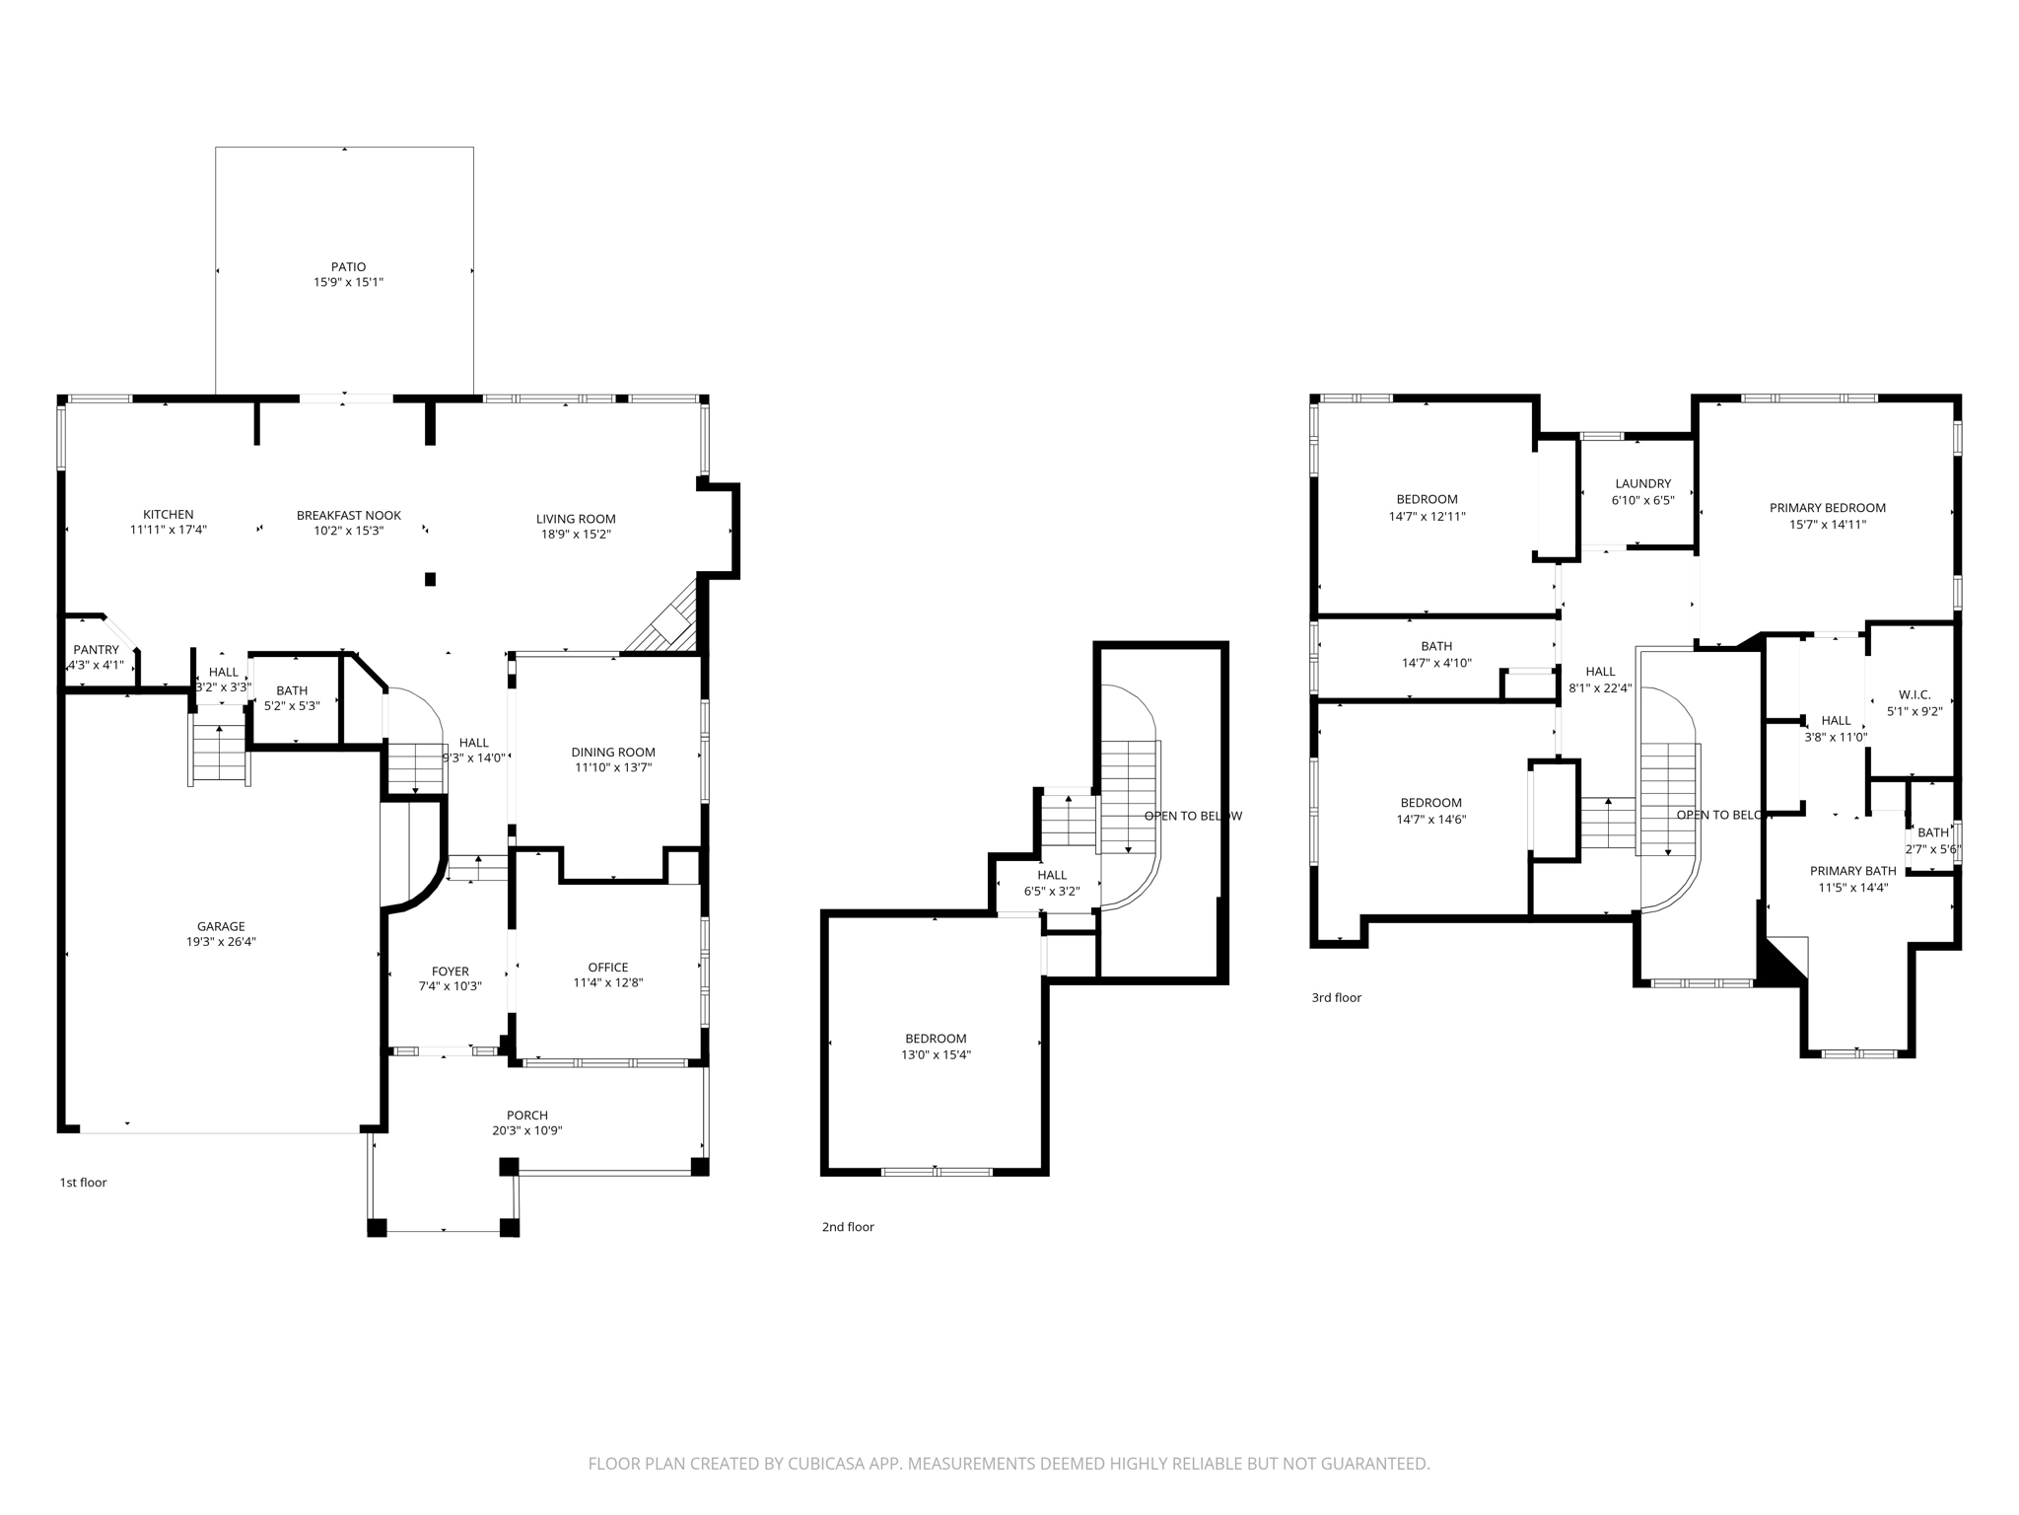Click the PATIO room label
[348, 266]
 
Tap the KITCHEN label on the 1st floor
[169, 514]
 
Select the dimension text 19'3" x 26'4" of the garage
[221, 942]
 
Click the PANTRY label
[96, 649]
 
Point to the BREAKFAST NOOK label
[348, 515]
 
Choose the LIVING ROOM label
[576, 519]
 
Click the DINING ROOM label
[612, 752]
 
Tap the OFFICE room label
[607, 967]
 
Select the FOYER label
[450, 971]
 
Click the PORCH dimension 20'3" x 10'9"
[526, 1130]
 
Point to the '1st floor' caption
[83, 1182]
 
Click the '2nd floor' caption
[848, 1227]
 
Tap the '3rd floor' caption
[1336, 997]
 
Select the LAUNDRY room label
[1642, 483]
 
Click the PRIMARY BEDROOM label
[1827, 508]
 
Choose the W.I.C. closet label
[1914, 694]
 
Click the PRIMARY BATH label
[1852, 871]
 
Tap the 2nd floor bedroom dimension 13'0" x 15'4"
[936, 1054]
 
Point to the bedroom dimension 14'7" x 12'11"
[1427, 516]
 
